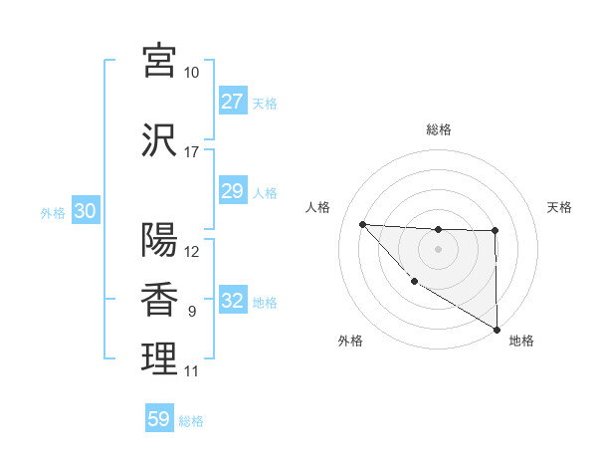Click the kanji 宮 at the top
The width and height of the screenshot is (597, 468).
tap(159, 61)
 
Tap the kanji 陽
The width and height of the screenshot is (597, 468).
tap(159, 240)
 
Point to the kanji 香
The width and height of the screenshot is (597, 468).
tap(159, 300)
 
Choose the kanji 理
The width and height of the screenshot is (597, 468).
tap(159, 359)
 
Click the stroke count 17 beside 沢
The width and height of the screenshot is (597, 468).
tap(191, 152)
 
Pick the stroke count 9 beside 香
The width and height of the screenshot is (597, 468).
tap(191, 312)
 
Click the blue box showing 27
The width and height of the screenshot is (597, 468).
tap(232, 102)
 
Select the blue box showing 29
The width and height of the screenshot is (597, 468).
tap(232, 191)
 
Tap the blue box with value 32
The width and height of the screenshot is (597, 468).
tap(232, 301)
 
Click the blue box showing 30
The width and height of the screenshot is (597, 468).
tap(85, 212)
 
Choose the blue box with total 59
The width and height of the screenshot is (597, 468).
tap(158, 419)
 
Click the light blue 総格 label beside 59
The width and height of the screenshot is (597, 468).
tap(191, 421)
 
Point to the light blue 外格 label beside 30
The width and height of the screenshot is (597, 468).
tap(53, 213)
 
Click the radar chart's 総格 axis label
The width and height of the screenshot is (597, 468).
tap(438, 129)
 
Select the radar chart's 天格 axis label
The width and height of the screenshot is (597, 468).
tap(559, 207)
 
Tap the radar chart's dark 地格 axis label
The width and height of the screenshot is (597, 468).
tap(521, 341)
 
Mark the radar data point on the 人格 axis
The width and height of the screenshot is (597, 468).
tap(362, 224)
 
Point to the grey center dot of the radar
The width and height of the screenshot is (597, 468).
tap(438, 249)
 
